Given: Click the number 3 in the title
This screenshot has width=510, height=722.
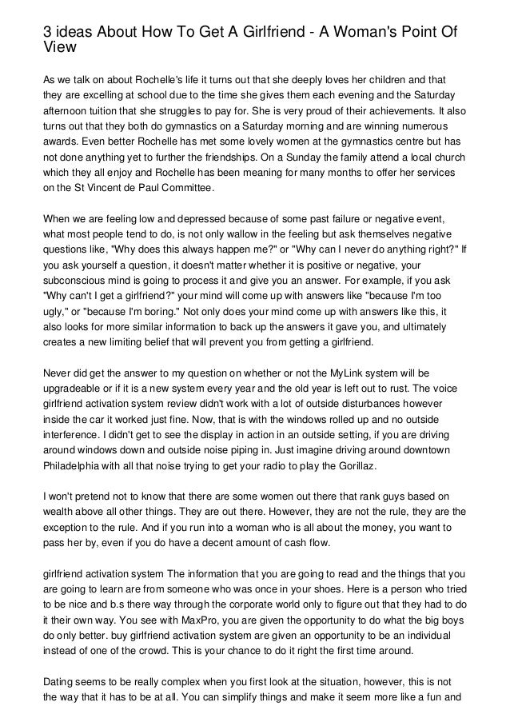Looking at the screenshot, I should [x=47, y=31].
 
